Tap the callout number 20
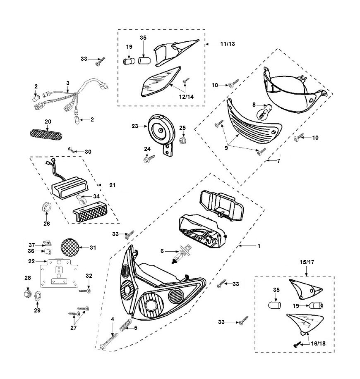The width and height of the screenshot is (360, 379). tap(48, 122)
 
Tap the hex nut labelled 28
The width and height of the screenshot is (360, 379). tap(28, 294)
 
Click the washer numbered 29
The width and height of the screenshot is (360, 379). tap(37, 296)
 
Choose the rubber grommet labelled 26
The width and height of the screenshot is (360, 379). tap(47, 207)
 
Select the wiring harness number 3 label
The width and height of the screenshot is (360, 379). tap(68, 83)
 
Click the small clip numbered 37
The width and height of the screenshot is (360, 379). tap(48, 244)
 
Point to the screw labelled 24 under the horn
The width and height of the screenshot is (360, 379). tap(149, 158)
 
